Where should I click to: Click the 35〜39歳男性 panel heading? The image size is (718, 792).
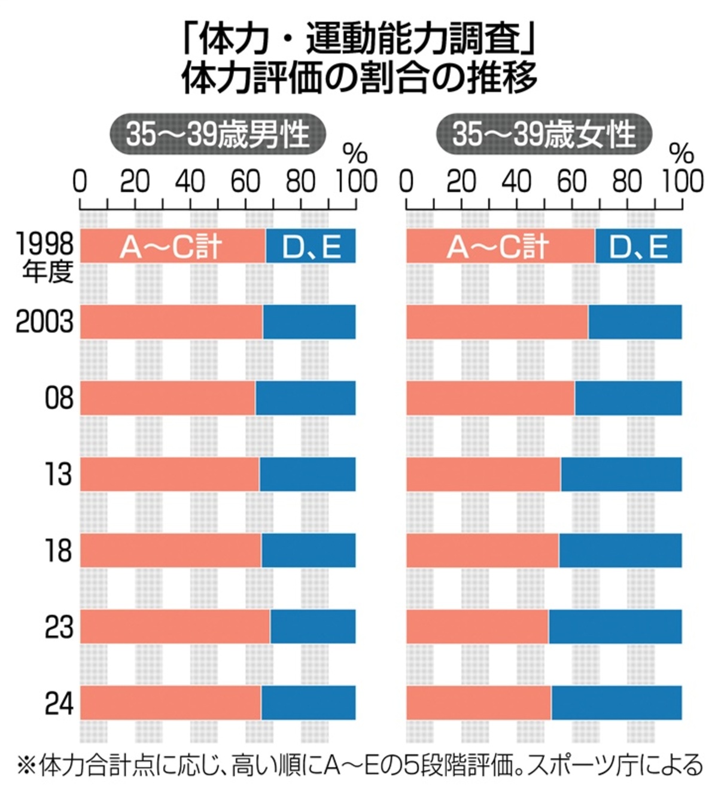tap(218, 134)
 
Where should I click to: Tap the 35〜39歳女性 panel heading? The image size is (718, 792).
tap(544, 134)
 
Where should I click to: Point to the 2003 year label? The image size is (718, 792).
tap(44, 322)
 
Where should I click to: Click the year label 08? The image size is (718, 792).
tap(59, 398)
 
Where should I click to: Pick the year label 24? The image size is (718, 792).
tap(59, 703)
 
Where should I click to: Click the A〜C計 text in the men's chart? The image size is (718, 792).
tap(171, 246)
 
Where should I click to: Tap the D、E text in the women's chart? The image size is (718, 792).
tap(638, 246)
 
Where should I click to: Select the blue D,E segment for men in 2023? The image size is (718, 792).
tap(312, 626)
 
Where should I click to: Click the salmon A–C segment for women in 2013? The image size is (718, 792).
tap(483, 474)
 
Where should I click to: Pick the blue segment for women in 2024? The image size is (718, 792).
tap(616, 703)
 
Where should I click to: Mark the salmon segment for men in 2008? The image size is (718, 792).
tap(168, 398)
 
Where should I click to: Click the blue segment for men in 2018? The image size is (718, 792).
tap(308, 550)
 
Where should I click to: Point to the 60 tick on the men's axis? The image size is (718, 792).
tap(245, 182)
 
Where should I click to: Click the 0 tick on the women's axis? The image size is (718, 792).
tap(406, 182)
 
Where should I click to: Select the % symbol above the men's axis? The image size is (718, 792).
tap(355, 154)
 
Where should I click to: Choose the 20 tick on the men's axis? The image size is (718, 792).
tap(135, 182)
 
